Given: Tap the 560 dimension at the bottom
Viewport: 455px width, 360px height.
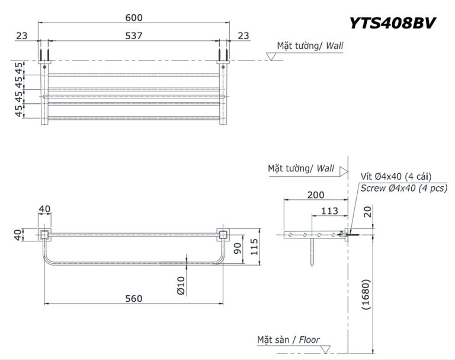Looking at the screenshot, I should click(134, 298).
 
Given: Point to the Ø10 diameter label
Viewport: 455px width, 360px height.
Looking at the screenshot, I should click(181, 285).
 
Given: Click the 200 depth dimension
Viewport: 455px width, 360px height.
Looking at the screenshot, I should click(315, 195).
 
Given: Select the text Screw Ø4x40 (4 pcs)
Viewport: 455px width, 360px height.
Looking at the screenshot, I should click(403, 188).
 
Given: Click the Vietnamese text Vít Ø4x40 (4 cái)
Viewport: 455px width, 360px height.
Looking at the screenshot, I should click(395, 176).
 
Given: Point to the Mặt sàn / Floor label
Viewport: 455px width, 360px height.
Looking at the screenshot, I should click(289, 340).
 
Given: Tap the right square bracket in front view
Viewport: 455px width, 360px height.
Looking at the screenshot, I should click(223, 235).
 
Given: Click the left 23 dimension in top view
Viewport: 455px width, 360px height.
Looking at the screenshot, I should click(22, 36).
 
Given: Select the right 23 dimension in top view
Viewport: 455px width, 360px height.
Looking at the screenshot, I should click(243, 36).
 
